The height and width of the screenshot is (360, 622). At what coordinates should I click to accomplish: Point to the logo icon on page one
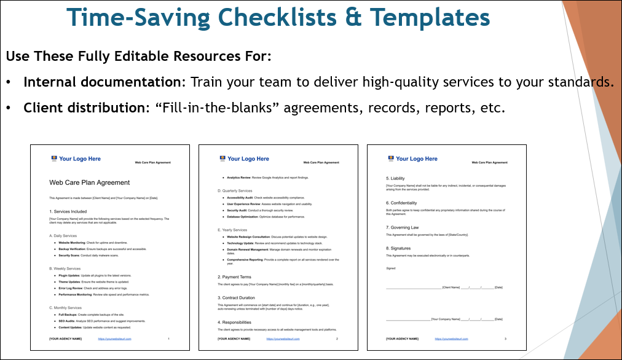54,159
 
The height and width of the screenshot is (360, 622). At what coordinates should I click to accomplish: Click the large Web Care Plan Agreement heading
89,182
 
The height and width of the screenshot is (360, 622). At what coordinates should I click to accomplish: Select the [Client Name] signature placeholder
451,288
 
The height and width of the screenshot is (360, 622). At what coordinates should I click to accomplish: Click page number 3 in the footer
505,338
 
